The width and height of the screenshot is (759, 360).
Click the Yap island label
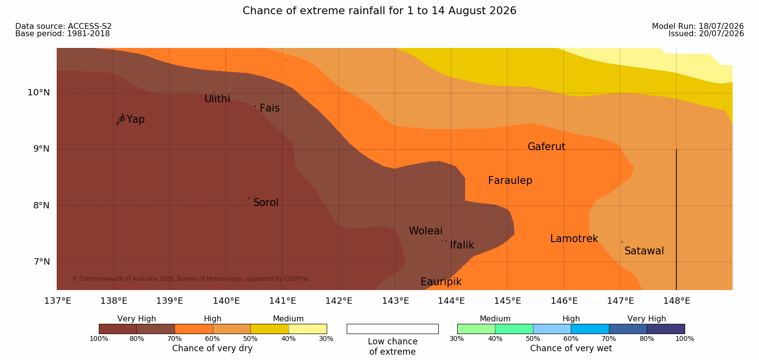(135, 120)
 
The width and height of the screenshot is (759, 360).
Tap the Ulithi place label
(217, 99)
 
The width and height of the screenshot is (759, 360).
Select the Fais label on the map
(270, 108)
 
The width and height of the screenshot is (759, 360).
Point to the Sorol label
(266, 202)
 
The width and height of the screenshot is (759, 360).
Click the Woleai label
(425, 231)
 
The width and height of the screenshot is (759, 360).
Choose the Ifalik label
(462, 245)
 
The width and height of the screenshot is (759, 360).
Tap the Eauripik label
(441, 282)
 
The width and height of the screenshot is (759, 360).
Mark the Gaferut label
(547, 147)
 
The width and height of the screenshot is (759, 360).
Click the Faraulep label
(510, 180)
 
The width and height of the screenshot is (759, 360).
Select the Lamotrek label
(574, 239)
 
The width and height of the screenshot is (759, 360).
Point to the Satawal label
(644, 251)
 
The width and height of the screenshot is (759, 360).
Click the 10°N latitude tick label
(39, 92)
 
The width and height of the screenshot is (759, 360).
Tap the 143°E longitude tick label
(396, 301)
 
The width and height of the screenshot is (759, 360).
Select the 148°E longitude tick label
(677, 301)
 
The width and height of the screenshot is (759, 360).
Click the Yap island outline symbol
(121, 119)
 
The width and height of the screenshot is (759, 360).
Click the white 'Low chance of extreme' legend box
(392, 329)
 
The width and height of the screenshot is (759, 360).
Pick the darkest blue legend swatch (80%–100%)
(666, 329)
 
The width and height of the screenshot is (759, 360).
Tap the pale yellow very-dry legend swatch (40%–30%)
(308, 329)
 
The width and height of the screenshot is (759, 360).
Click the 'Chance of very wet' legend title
(571, 348)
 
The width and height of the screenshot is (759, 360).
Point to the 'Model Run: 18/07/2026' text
(698, 26)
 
